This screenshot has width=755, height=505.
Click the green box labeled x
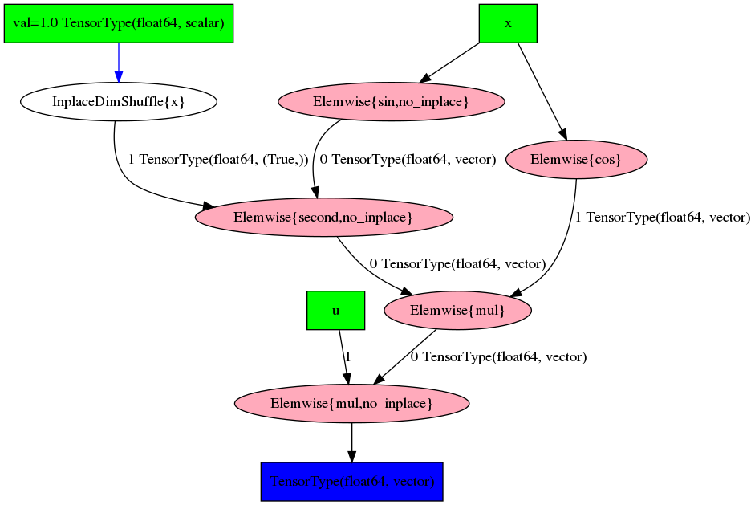(x=507, y=23)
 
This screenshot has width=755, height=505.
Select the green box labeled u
(x=335, y=311)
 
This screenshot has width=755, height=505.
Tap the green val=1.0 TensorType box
(x=119, y=23)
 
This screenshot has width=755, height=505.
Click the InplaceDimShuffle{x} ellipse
(x=119, y=102)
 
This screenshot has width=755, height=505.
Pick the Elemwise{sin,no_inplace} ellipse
(x=391, y=102)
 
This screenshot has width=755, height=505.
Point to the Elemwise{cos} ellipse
(x=576, y=160)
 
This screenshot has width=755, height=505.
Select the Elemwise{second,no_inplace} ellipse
(x=323, y=218)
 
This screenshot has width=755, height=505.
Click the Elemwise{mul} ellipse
(x=457, y=311)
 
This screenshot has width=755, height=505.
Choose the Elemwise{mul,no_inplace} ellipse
(x=351, y=403)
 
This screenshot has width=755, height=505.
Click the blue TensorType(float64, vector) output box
(x=351, y=482)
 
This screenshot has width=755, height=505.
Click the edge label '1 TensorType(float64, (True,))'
(x=218, y=160)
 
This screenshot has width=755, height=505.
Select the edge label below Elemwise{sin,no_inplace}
(x=408, y=160)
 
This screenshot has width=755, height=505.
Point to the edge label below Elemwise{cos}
(x=663, y=218)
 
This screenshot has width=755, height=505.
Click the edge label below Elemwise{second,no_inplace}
(x=457, y=263)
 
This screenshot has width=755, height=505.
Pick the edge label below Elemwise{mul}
(x=498, y=356)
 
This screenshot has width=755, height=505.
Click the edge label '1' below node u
(x=348, y=356)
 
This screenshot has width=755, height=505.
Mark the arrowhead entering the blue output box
(x=351, y=456)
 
